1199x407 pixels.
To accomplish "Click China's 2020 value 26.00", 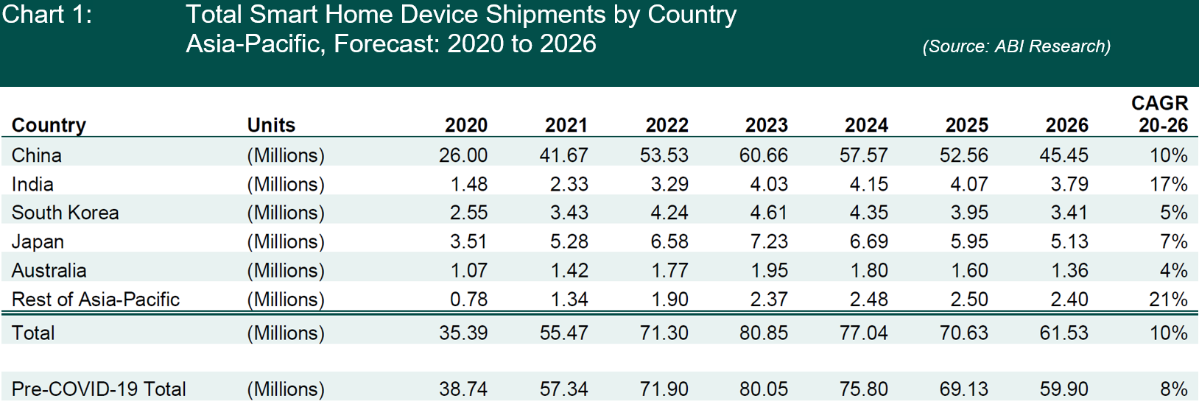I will click(x=463, y=155).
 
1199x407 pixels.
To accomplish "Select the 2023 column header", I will click(x=766, y=125).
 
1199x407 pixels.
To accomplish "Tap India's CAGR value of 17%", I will click(x=1168, y=184).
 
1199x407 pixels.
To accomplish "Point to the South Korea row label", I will click(x=66, y=213).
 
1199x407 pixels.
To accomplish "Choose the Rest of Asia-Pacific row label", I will click(x=96, y=300).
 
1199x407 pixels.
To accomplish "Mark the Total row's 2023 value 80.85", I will click(x=764, y=333).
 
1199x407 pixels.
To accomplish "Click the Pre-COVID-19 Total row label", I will click(x=99, y=389).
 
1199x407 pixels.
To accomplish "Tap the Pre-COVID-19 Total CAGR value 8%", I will click(x=1173, y=389).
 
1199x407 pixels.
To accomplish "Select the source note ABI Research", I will click(x=1016, y=46).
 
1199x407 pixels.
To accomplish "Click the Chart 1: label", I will click(x=47, y=15).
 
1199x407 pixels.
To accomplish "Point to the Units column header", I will click(x=271, y=125).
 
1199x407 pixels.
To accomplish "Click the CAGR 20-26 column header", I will click(x=1161, y=114).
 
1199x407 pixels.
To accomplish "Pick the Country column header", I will click(x=49, y=125).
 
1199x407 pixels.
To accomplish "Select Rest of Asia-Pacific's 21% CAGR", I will click(x=1168, y=300).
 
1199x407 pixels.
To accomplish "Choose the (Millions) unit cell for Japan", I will click(x=286, y=241).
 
